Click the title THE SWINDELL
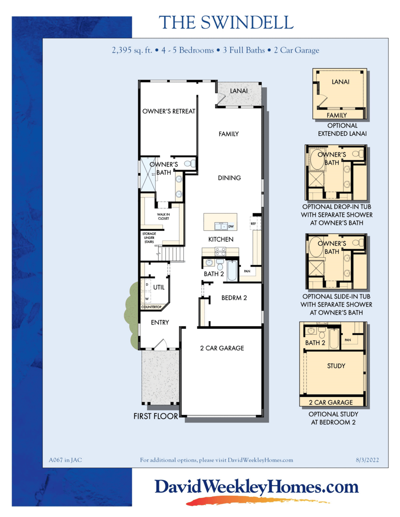coord(225,23)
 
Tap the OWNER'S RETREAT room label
coord(168,111)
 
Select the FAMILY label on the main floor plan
coord(228,134)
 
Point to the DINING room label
coord(229,178)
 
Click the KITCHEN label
coord(221,239)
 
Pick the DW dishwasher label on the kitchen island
coord(231,227)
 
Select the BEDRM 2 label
coord(234,298)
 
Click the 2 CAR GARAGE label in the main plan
coord(222,348)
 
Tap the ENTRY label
coord(160,322)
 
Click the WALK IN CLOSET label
coord(163,217)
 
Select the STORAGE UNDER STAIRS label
coord(149,238)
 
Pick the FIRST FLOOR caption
coord(156,417)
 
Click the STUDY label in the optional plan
coord(336,366)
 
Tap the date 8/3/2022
coord(367,460)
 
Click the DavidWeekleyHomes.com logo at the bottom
coord(256,487)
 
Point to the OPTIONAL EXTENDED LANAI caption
coord(342,130)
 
